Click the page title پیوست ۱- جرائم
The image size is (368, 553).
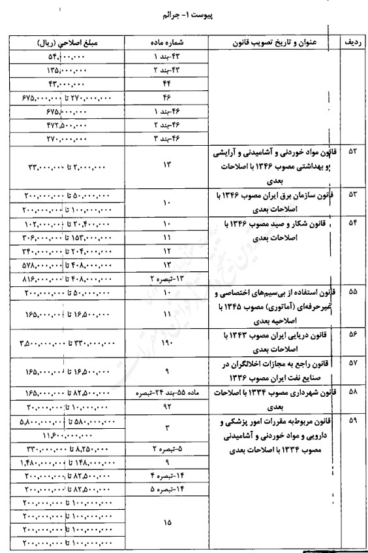(185, 12)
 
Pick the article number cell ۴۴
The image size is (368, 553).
(168, 84)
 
